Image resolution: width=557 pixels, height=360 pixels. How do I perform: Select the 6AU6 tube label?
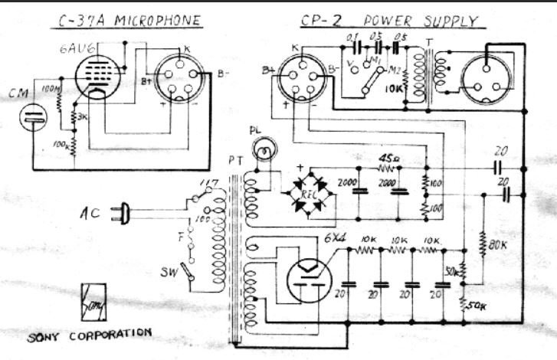pos(72,51)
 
